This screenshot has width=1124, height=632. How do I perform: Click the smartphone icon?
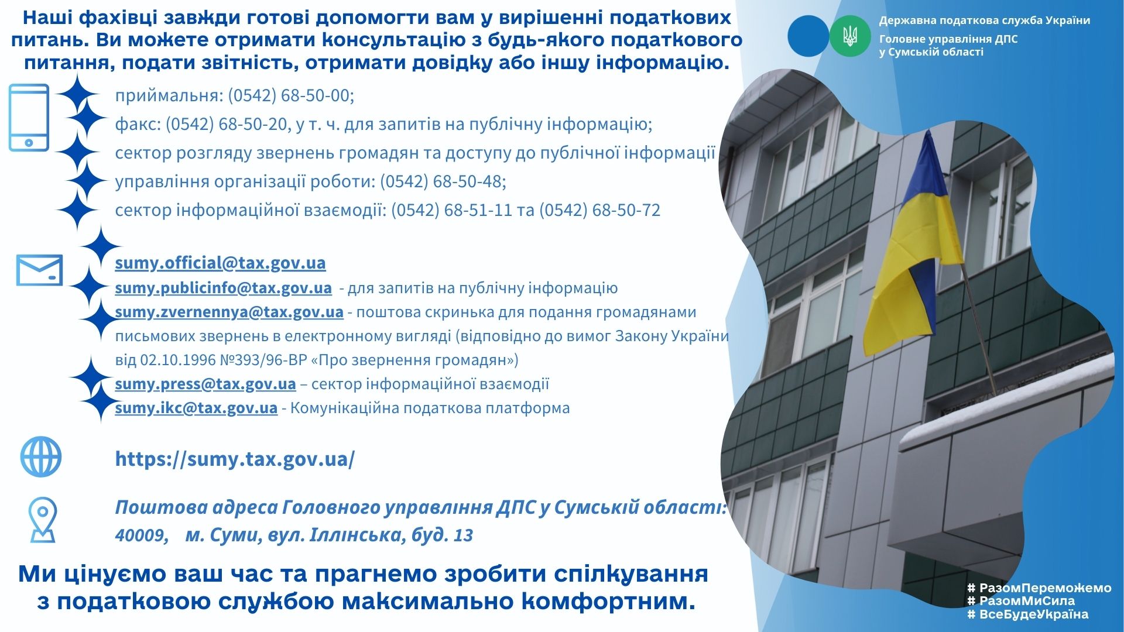(x=29, y=118)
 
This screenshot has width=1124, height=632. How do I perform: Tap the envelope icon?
(x=39, y=270)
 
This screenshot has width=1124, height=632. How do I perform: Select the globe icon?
(x=41, y=456)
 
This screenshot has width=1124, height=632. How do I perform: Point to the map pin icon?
(x=43, y=520)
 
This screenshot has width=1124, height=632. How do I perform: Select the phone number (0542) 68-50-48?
(x=441, y=181)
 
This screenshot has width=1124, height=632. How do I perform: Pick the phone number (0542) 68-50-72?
(x=599, y=210)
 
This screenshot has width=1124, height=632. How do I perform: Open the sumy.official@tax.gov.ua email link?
(x=220, y=263)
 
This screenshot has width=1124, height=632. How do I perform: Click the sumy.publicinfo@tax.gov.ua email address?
(x=223, y=288)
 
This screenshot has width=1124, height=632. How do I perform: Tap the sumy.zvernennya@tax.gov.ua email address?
(x=229, y=312)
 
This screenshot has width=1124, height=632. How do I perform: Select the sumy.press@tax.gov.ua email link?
(x=205, y=384)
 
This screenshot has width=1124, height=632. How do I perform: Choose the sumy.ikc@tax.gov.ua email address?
(x=196, y=408)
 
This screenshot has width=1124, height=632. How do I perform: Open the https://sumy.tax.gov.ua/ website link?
(x=235, y=459)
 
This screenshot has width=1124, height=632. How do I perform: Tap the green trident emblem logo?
(x=850, y=36)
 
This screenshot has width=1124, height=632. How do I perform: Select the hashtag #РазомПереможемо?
(x=1039, y=588)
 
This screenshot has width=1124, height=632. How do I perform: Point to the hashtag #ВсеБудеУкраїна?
(x=1027, y=614)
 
